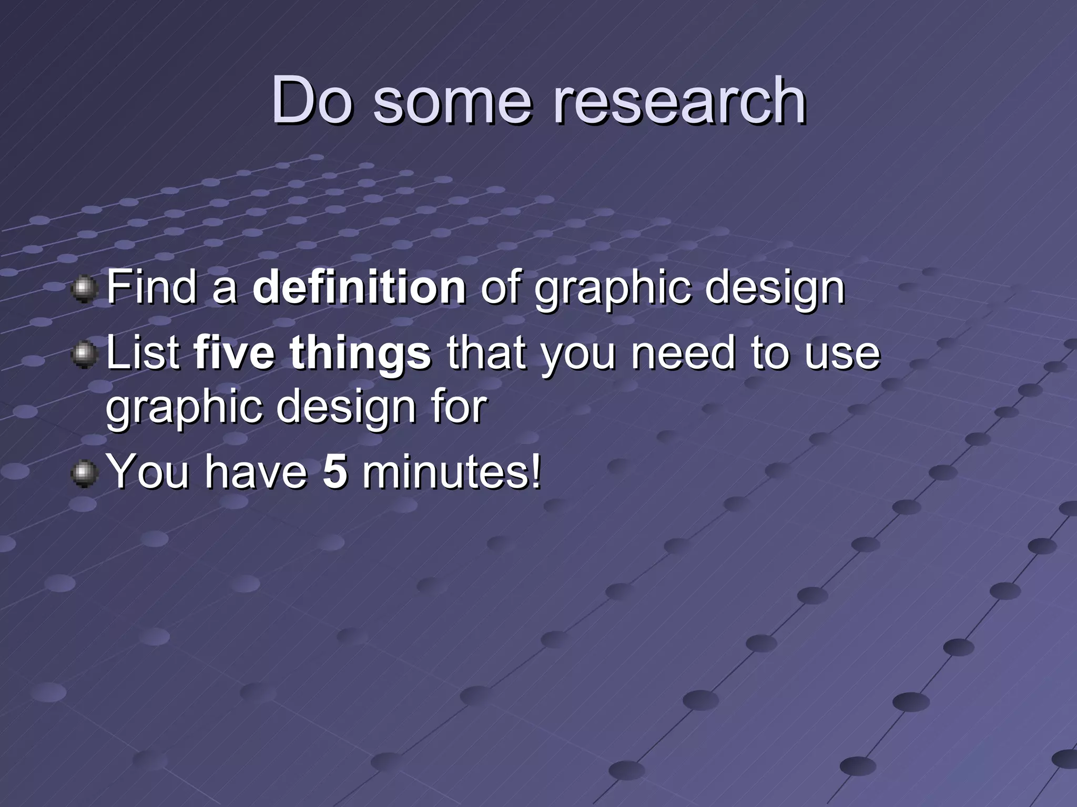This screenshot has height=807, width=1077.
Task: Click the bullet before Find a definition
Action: tap(84, 289)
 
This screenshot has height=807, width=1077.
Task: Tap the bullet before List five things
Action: tap(84, 356)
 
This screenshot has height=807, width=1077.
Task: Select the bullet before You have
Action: tap(84, 474)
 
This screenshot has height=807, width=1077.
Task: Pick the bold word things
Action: tap(360, 353)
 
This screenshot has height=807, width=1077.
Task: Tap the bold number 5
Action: tap(335, 471)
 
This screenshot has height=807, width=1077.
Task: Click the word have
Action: tap(256, 471)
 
